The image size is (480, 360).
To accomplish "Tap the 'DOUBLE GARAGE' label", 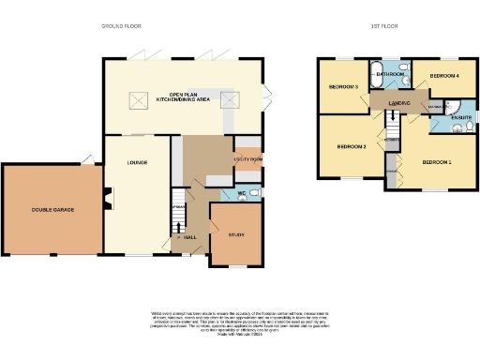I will pos(49,209).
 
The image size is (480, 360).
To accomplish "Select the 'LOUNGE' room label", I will pos(138,162).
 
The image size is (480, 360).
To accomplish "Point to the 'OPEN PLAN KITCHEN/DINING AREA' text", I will pos(187,97).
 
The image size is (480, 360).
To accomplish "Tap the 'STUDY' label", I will pos(236,234).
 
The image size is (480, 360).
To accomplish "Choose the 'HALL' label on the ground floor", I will pos(190,237).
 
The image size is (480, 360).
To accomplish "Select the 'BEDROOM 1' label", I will pos(436,163).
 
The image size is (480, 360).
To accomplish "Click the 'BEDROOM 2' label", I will pos(351,147).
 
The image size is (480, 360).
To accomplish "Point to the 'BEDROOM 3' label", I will pos(342,87).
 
